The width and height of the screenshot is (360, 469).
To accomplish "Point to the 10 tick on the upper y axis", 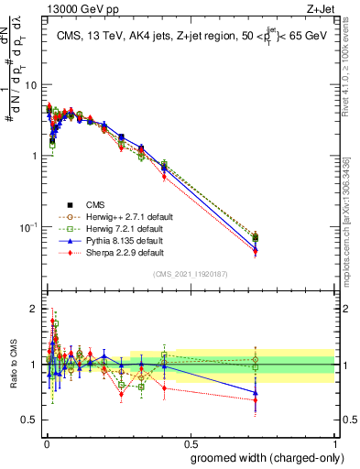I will click(x=31, y=84).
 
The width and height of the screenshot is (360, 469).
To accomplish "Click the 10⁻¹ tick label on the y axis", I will click(x=27, y=226).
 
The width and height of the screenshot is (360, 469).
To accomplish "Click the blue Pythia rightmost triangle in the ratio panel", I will click(x=255, y=392).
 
